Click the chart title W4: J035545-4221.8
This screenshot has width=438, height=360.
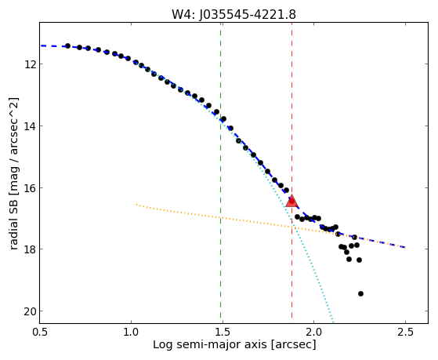point(233,14)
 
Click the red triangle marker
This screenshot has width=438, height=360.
point(292,201)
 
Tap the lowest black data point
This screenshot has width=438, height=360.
point(360,293)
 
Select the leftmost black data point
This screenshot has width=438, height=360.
point(67,45)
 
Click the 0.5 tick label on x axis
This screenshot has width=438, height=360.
point(40,332)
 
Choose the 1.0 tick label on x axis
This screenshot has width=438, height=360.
point(131,332)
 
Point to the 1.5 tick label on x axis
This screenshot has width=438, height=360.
point(223,332)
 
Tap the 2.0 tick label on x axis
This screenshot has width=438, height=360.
point(314,332)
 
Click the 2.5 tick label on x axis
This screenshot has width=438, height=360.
point(405,332)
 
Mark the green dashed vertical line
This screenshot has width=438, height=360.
point(221,173)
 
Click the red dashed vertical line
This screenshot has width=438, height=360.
point(292,173)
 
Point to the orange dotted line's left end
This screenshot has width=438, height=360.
point(136,205)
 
